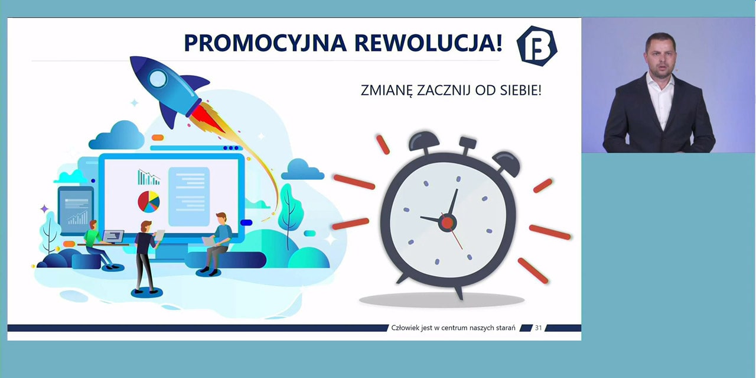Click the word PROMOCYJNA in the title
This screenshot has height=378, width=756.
[x=265, y=43]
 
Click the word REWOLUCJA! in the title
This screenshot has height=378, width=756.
[x=429, y=43]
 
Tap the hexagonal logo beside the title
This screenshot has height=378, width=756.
[x=537, y=46]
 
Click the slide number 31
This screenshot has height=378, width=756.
[x=538, y=328]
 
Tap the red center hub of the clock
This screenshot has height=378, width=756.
[x=448, y=223]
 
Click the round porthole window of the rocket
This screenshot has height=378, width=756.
[x=158, y=79]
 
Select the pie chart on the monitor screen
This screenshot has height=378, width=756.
[x=148, y=202]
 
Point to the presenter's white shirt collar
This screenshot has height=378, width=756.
[x=660, y=82]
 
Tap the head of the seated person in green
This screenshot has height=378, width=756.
[x=93, y=225]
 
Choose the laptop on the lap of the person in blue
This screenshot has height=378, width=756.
[x=209, y=241]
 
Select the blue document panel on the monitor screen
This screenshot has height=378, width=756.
[x=189, y=196]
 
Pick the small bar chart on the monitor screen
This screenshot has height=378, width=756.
[x=148, y=177]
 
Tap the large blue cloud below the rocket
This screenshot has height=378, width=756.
[x=118, y=136]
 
